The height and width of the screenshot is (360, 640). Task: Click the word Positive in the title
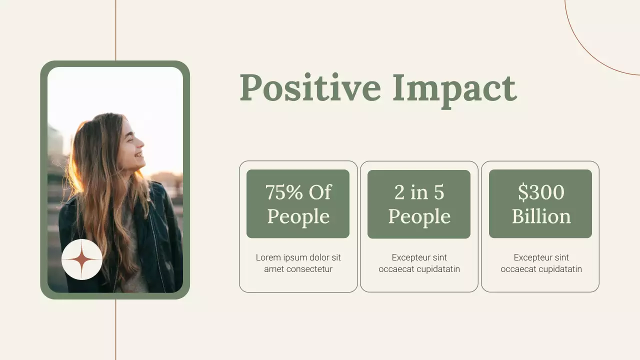(310, 88)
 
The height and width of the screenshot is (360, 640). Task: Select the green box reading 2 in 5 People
(419, 204)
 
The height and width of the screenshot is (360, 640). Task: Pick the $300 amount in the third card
(541, 192)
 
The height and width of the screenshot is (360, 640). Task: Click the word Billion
(541, 216)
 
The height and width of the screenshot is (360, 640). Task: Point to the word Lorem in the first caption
(267, 257)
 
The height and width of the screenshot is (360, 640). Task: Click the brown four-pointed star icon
(82, 259)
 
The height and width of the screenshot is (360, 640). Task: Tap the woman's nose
(143, 142)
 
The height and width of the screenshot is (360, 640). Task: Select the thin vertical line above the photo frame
(115, 30)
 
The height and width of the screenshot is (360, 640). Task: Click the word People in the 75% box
(298, 216)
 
